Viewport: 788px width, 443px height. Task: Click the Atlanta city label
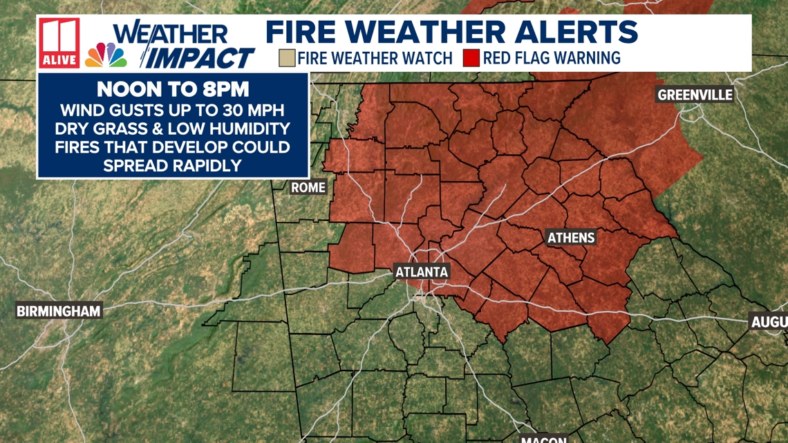point(422,272)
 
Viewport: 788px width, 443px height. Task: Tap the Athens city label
point(571,238)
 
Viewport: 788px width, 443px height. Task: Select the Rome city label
point(308,187)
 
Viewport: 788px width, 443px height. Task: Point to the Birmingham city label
point(59,311)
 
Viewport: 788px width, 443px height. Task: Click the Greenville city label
point(695,95)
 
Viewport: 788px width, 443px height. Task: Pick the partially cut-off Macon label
point(544,438)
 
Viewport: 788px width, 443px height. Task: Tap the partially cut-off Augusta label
point(769,321)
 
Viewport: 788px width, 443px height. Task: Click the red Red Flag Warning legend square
point(471,57)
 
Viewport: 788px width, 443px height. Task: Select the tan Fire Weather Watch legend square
point(287,57)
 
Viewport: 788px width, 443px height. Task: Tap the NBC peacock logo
point(106,55)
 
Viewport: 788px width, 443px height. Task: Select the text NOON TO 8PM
point(172,90)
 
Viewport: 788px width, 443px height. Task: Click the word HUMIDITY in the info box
point(250,129)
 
